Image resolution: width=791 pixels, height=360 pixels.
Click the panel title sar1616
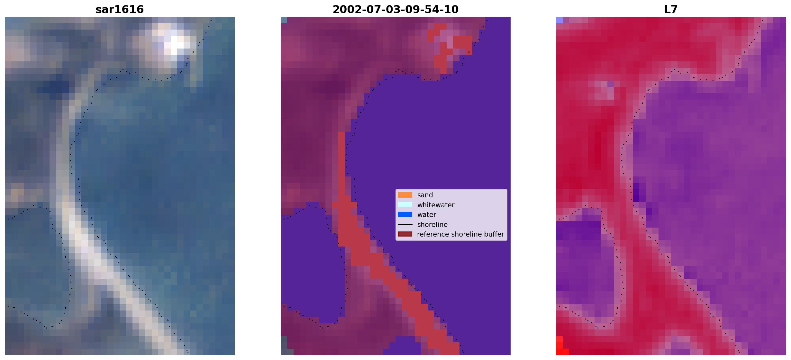point(120,9)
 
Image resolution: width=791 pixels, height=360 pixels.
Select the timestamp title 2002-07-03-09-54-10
point(395,9)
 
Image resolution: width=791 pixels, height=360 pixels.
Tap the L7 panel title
point(671,9)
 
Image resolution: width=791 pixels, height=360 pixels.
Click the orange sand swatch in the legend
point(405,195)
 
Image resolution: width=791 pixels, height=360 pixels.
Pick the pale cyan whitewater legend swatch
point(405,205)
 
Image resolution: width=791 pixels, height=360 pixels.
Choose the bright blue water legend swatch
point(405,214)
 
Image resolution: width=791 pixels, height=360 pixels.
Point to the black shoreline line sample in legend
point(405,224)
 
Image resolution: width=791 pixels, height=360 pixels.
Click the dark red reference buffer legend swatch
point(405,234)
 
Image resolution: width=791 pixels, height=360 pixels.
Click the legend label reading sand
point(425,195)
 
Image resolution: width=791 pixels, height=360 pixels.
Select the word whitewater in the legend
point(436,205)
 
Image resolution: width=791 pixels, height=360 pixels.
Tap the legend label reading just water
point(427,215)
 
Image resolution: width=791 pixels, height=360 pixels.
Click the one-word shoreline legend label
point(432,224)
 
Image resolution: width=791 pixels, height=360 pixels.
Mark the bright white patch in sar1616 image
point(175,43)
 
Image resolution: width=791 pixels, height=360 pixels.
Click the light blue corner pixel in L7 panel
point(559,20)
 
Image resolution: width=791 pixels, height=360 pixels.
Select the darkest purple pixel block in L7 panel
point(636,192)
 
